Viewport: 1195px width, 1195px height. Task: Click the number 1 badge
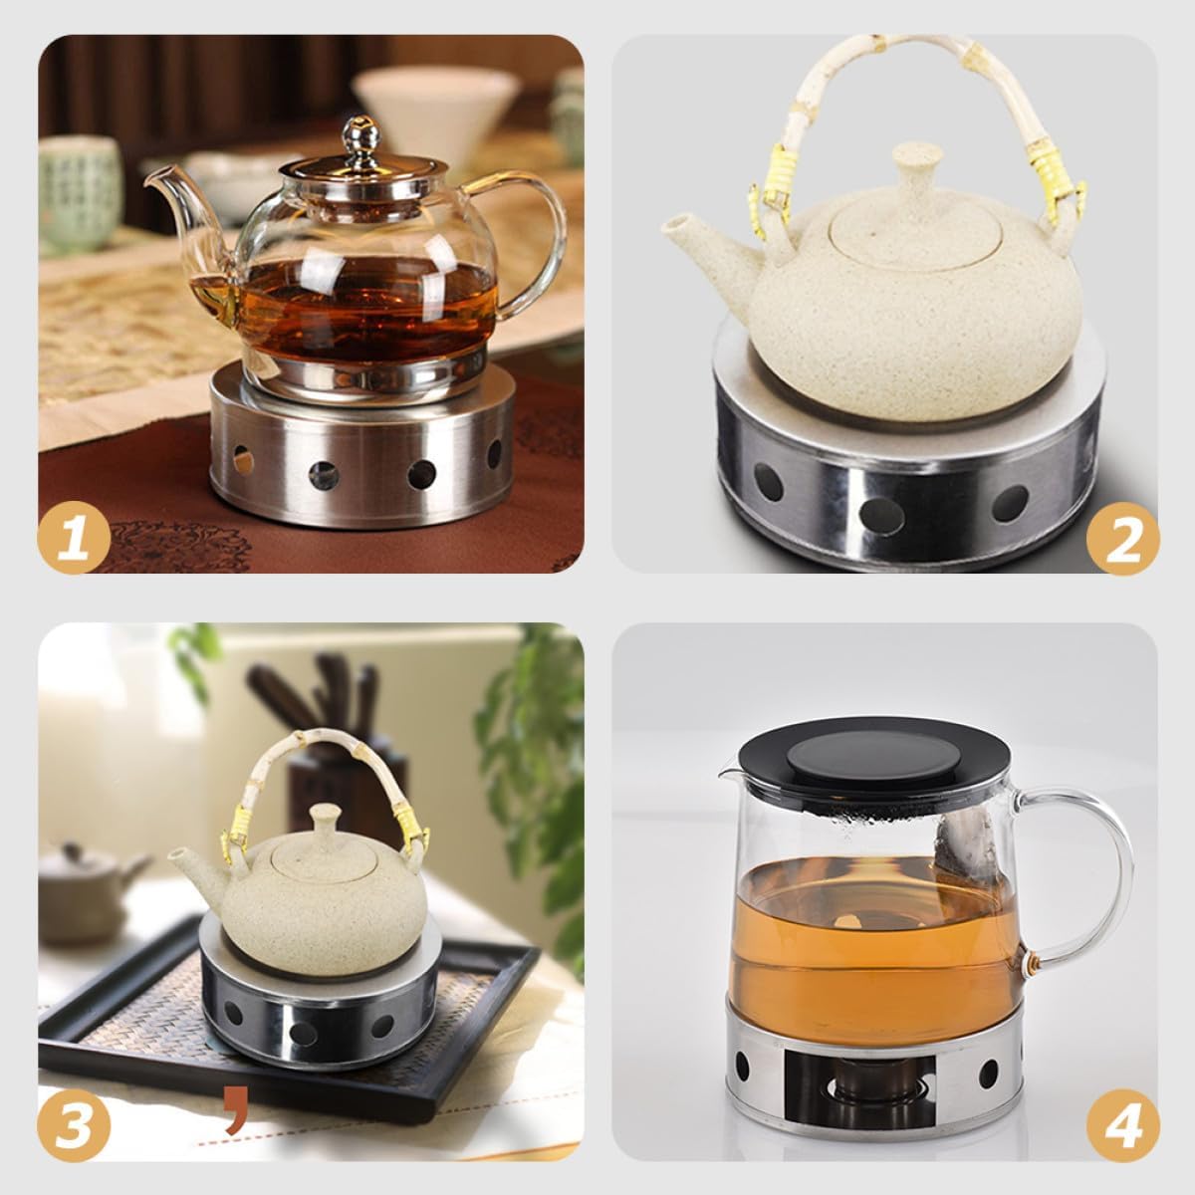click(x=74, y=537)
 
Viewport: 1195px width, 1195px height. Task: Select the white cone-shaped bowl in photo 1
click(x=434, y=102)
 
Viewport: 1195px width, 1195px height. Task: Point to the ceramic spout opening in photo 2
click(x=673, y=223)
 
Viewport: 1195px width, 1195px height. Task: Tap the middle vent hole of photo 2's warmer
click(x=881, y=514)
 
